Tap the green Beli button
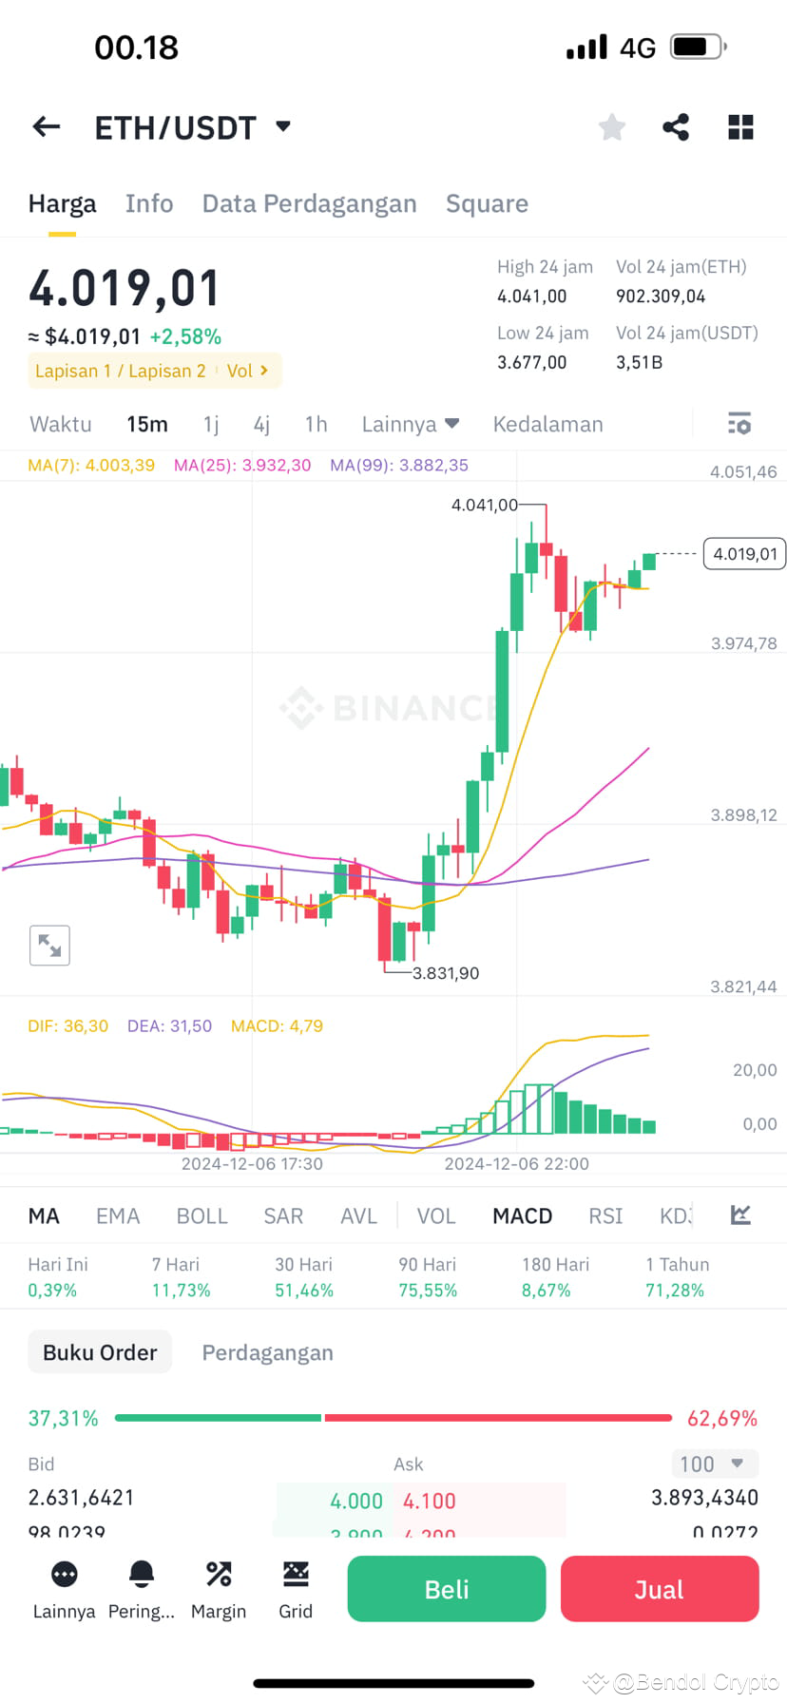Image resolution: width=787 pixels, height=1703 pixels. (446, 1589)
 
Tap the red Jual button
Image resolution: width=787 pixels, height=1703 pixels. (659, 1589)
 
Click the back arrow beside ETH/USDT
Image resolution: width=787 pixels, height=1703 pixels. (47, 126)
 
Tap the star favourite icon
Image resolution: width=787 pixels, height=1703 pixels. (612, 126)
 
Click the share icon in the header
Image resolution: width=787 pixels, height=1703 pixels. (676, 126)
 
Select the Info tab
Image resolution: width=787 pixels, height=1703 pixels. (149, 203)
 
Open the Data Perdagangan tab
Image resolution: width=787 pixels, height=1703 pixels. (309, 203)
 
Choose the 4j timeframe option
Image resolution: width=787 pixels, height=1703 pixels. (261, 424)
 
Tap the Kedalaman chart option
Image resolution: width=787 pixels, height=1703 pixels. (547, 424)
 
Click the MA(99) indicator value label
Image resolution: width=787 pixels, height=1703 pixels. (399, 465)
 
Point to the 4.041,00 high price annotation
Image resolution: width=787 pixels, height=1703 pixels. (485, 505)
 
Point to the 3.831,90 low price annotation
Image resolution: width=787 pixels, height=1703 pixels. (446, 973)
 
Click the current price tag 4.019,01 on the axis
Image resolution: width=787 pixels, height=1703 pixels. (744, 554)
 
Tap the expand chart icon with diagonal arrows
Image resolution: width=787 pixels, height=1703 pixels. (49, 945)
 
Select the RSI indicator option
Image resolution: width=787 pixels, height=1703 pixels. (605, 1215)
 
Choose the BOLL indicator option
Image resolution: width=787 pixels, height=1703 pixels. (202, 1215)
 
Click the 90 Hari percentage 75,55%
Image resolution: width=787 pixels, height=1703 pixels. (428, 1290)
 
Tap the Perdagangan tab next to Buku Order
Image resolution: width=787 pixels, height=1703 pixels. (267, 1352)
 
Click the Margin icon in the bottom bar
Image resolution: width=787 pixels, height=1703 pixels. (219, 1588)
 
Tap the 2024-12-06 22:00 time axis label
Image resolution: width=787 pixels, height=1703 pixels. (516, 1163)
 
